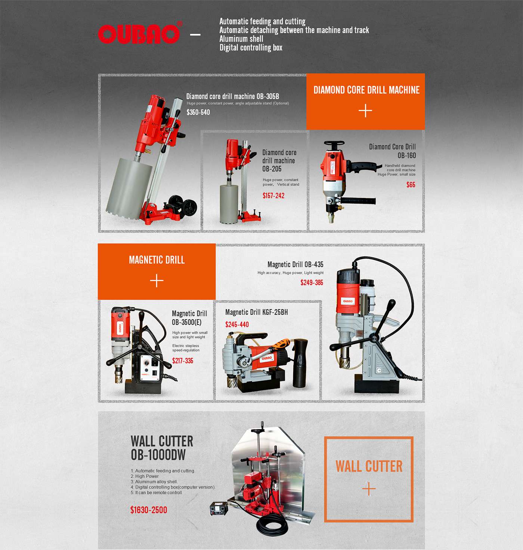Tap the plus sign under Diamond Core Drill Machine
pos(365,111)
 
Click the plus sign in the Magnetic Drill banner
pos(157,281)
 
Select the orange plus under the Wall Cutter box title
pos(369,489)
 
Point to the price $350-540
pos(198,112)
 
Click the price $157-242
pos(273,195)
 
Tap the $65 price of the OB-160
pos(411,185)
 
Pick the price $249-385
pos(312,282)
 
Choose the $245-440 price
pos(237,325)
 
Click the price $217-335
pos(183,361)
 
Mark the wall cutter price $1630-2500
pos(149,510)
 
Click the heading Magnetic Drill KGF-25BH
pos(257,312)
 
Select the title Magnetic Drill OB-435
pos(295,265)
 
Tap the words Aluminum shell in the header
pos(241,39)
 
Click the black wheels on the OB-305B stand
pos(183,206)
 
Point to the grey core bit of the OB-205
pos(229,203)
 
